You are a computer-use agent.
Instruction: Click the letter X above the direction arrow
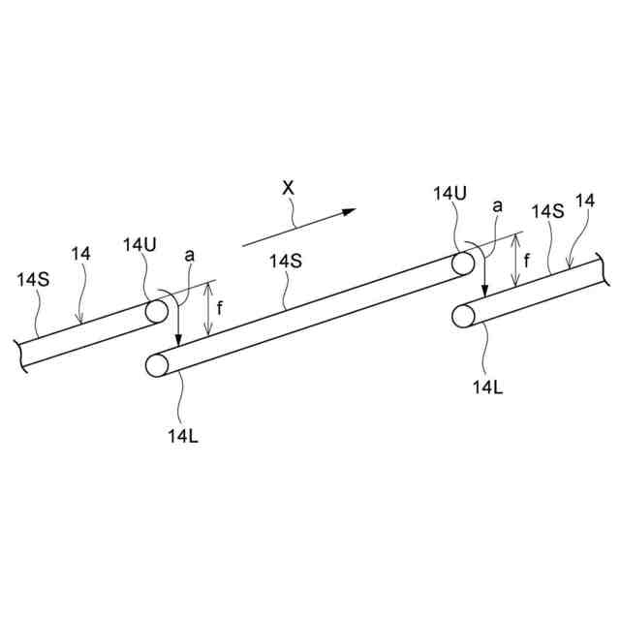(x=288, y=188)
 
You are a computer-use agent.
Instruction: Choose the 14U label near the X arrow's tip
(x=449, y=194)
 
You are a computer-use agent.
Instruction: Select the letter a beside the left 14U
(x=191, y=254)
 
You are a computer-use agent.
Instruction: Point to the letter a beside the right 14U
(x=498, y=205)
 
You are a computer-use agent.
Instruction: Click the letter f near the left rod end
(x=220, y=308)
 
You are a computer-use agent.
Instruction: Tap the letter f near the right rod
(x=527, y=260)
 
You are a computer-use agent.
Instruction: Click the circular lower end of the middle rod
(x=157, y=365)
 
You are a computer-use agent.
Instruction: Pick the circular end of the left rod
(x=156, y=311)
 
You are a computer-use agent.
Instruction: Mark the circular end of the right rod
(x=464, y=316)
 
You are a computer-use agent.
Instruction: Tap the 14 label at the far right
(x=585, y=201)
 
